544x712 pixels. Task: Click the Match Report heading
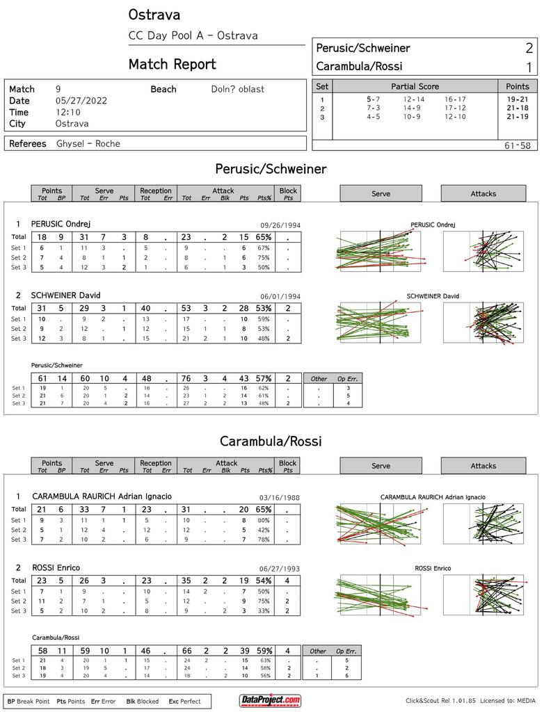tap(173, 65)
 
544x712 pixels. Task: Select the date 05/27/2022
tap(81, 101)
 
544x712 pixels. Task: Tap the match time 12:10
tap(68, 112)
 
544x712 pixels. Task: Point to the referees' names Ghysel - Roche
tap(88, 143)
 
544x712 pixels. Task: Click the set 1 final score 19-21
tap(517, 99)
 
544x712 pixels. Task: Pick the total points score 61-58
tap(517, 146)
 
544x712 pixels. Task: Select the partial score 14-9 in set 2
tap(412, 108)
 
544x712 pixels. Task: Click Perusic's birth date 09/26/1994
tap(280, 225)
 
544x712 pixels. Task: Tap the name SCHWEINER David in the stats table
tap(65, 296)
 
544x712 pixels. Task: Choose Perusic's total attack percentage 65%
tap(264, 237)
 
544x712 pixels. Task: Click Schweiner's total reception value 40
tap(145, 308)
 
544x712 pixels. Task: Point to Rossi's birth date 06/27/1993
tap(280, 569)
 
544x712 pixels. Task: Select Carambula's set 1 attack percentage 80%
tap(264, 520)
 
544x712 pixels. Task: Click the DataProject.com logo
tap(271, 700)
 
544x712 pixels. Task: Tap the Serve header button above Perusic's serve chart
tap(381, 193)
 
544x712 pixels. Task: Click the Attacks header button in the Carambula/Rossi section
tap(483, 466)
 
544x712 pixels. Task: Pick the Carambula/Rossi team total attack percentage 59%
tap(264, 651)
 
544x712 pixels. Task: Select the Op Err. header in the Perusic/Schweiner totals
tap(348, 379)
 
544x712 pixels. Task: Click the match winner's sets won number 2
tap(529, 48)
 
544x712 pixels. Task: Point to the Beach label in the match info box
tap(163, 89)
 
